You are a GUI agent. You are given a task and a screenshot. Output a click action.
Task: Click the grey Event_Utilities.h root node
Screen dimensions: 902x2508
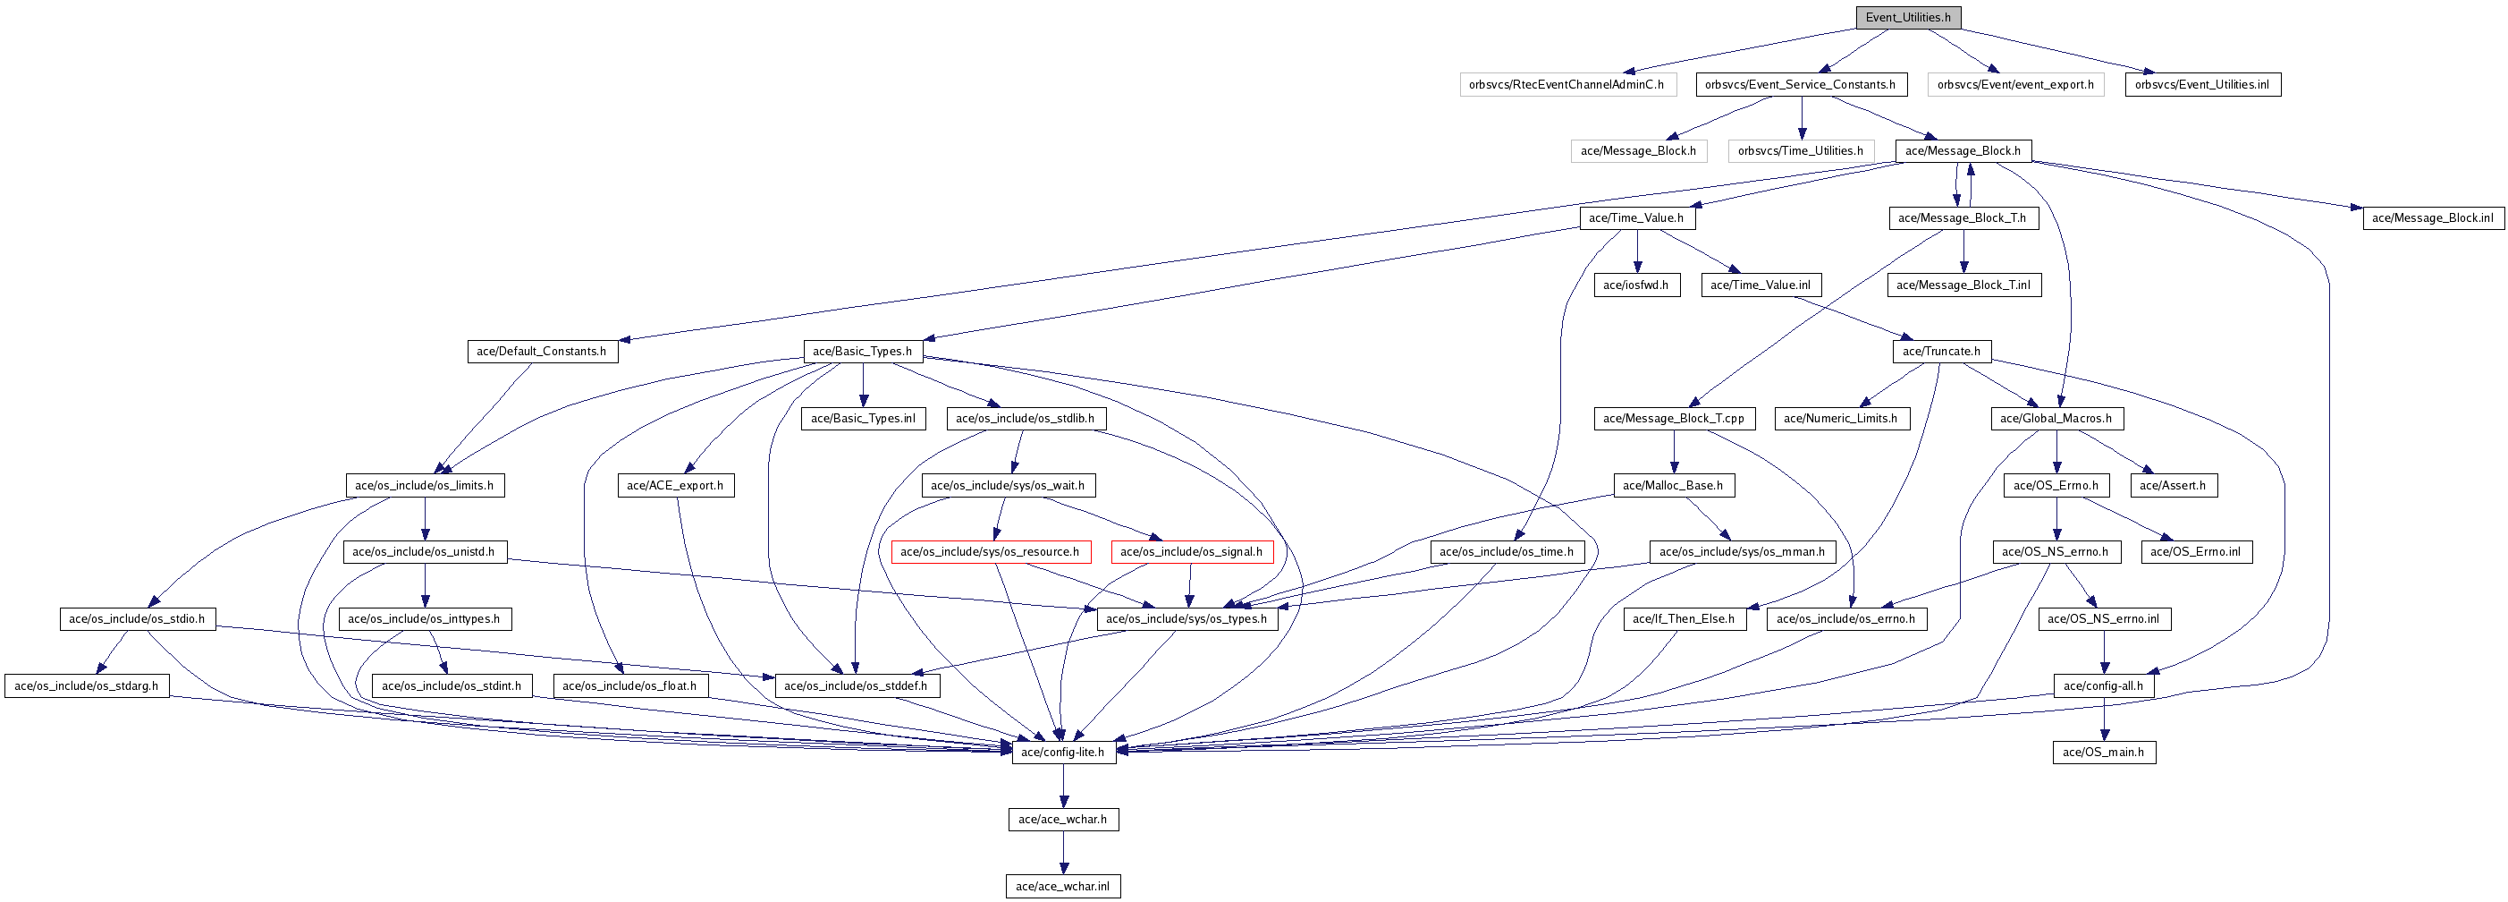tap(1907, 18)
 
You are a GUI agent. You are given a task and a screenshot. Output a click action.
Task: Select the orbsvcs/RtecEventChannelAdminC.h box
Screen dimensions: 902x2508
tap(1566, 85)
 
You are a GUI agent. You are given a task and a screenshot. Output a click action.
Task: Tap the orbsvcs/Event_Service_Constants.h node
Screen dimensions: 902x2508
tap(1800, 85)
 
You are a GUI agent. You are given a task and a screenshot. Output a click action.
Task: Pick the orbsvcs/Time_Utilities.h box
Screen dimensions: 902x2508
tap(1800, 151)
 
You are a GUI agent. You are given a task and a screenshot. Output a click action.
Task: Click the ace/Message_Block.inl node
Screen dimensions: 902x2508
tap(2432, 218)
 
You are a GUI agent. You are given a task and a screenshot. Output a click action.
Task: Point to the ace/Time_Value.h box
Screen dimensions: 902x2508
tap(1635, 218)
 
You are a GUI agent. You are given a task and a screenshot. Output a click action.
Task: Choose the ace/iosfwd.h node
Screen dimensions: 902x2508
tap(1635, 285)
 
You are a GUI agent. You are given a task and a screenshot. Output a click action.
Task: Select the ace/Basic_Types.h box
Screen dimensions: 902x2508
tap(862, 352)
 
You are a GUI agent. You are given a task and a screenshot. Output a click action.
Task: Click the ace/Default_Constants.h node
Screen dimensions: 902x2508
tap(541, 352)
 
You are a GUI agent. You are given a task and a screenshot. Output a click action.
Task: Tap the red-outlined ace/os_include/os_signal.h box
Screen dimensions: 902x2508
tap(1191, 552)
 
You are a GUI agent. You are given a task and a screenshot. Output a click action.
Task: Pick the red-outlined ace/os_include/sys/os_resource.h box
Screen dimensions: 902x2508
tap(989, 552)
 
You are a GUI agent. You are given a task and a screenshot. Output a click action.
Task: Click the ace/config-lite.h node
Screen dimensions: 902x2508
tap(1062, 753)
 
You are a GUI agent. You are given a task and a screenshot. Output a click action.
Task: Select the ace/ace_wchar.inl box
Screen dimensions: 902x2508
tap(1062, 887)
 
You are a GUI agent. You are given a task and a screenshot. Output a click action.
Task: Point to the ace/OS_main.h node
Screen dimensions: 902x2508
tap(2103, 753)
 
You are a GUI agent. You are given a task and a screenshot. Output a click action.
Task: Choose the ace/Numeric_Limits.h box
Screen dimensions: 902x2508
tap(1840, 419)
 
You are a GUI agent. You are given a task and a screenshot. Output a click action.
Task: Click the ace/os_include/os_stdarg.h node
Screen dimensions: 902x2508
tap(86, 686)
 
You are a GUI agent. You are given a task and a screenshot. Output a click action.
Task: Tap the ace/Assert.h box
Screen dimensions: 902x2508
tap(2172, 486)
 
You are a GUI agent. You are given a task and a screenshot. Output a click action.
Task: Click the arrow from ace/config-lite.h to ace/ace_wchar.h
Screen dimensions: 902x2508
tap(1063, 786)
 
